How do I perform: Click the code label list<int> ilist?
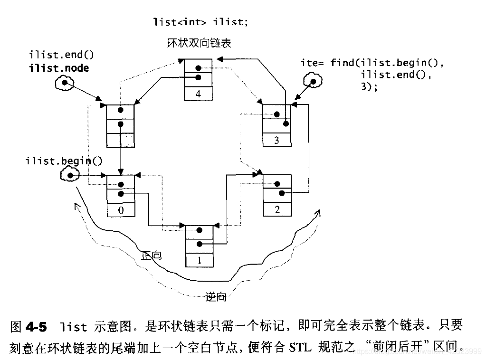pyautogui.click(x=200, y=22)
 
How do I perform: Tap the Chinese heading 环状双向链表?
pyautogui.click(x=200, y=43)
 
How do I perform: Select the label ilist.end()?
pyautogui.click(x=61, y=55)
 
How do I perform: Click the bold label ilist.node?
pyautogui.click(x=59, y=68)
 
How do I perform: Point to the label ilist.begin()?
pyautogui.click(x=64, y=161)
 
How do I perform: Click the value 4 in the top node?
pyautogui.click(x=198, y=94)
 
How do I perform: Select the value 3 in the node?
pyautogui.click(x=276, y=141)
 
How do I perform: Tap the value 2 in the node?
pyautogui.click(x=277, y=210)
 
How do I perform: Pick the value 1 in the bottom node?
pyautogui.click(x=200, y=260)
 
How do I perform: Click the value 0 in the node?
pyautogui.click(x=121, y=210)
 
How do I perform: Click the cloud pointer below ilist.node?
pyautogui.click(x=65, y=83)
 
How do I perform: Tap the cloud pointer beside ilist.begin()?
pyautogui.click(x=70, y=175)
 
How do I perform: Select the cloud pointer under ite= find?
pyautogui.click(x=313, y=81)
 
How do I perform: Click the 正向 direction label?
pyautogui.click(x=151, y=256)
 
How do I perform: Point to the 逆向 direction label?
pyautogui.click(x=216, y=297)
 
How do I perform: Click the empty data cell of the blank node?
pyautogui.click(x=121, y=141)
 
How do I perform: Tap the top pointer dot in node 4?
pyautogui.click(x=199, y=68)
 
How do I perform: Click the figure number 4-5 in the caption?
pyautogui.click(x=36, y=327)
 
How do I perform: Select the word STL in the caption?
pyautogui.click(x=300, y=347)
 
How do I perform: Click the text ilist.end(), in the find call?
pyautogui.click(x=396, y=75)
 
